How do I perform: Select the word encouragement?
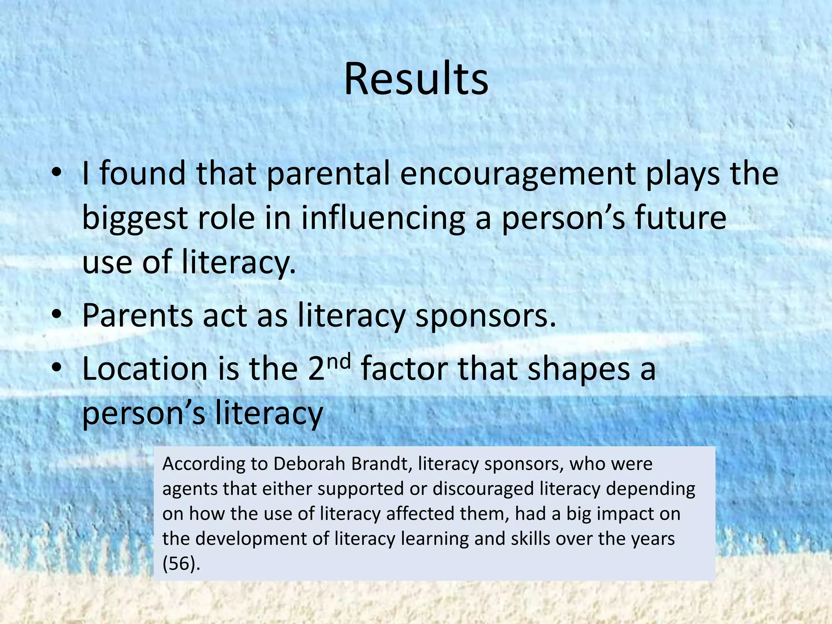pos(517,174)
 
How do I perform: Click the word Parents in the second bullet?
pos(137,315)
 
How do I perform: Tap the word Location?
pos(145,369)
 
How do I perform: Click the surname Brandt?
pos(381,464)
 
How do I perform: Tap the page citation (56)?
pos(181,563)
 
